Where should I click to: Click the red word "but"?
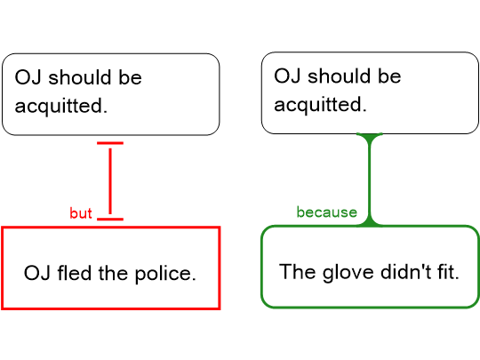tap(81, 213)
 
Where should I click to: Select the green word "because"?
tap(326, 212)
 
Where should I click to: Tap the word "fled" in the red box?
tap(75, 273)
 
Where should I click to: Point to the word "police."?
tap(165, 274)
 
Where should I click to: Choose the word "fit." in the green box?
tap(448, 271)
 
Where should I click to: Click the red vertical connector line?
tap(110, 181)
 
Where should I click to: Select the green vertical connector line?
tap(370, 180)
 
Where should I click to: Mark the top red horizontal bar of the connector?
tap(110, 143)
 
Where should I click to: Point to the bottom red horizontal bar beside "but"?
tap(110, 219)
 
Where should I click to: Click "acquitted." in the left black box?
tap(61, 106)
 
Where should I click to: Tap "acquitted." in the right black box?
tap(320, 105)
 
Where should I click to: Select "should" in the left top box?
tap(80, 76)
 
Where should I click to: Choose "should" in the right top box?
tap(339, 76)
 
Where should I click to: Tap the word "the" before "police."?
tap(113, 273)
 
